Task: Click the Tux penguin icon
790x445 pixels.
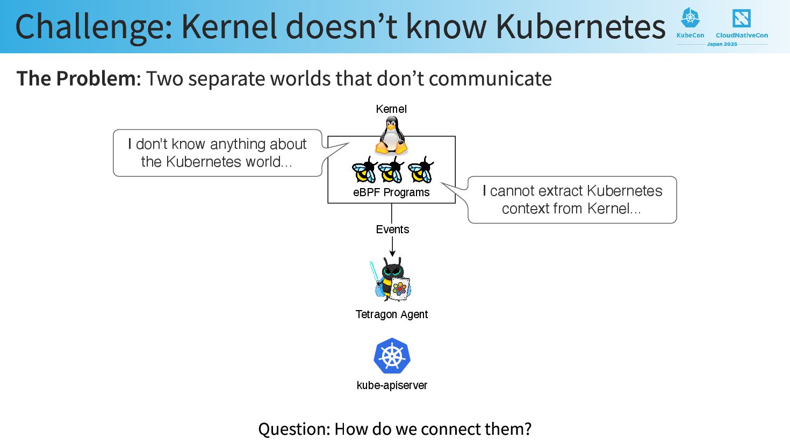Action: click(x=391, y=137)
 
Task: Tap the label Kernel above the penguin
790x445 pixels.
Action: click(x=391, y=109)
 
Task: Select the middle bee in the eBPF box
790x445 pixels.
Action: click(x=391, y=170)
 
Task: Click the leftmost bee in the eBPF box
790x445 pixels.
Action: click(x=364, y=170)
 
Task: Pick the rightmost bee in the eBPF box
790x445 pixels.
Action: click(x=421, y=170)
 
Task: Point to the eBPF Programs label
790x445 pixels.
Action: click(x=391, y=192)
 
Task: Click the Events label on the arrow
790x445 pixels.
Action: click(x=392, y=229)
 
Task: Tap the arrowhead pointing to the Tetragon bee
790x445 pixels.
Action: click(x=392, y=253)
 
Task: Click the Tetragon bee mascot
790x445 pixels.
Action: click(x=392, y=279)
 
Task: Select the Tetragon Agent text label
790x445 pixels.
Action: click(x=392, y=314)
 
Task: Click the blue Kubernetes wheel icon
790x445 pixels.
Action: click(x=392, y=356)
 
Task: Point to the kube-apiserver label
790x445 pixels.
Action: click(x=392, y=385)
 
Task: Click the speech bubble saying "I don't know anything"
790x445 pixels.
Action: click(x=217, y=153)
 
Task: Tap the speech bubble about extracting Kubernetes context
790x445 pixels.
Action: click(x=572, y=199)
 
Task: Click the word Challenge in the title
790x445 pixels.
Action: click(x=94, y=27)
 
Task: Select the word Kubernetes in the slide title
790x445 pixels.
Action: click(x=580, y=27)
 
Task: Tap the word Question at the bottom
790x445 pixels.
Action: click(x=293, y=429)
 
